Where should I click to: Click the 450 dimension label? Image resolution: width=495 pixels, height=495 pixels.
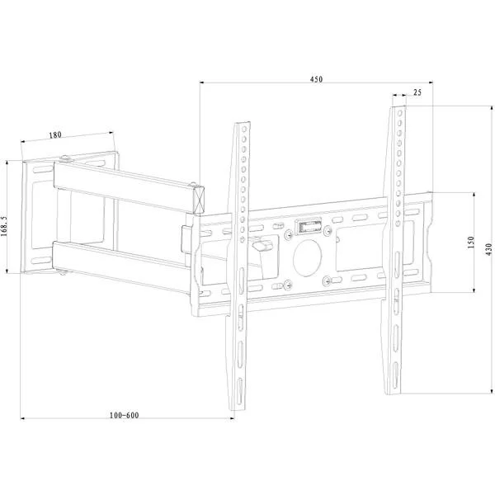click(x=316, y=79)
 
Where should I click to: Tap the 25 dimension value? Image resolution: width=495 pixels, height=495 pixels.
click(x=417, y=92)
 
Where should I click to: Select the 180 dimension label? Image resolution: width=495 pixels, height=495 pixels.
click(x=55, y=135)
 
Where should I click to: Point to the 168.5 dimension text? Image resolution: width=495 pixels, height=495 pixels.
click(x=4, y=226)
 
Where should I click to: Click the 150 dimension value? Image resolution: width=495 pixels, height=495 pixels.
click(x=471, y=243)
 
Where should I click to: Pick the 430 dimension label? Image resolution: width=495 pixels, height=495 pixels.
click(x=489, y=249)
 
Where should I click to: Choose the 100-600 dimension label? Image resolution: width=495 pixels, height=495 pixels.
click(x=124, y=415)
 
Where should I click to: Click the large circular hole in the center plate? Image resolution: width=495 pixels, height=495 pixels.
click(x=307, y=258)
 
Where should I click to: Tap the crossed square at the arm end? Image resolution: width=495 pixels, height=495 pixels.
click(x=200, y=200)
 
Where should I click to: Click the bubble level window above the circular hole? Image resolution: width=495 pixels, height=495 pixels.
click(x=308, y=226)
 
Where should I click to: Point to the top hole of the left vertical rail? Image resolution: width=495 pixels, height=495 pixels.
click(x=244, y=129)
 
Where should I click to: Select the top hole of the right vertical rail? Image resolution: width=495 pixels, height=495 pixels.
click(x=400, y=113)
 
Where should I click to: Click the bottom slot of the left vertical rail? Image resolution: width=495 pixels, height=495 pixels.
click(x=239, y=391)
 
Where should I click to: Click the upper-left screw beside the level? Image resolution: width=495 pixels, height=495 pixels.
click(x=288, y=235)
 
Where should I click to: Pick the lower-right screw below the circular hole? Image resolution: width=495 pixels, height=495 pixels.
click(x=327, y=280)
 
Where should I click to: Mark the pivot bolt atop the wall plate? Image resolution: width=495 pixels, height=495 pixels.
click(x=65, y=158)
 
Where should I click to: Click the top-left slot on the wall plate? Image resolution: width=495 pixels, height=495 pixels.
click(x=43, y=170)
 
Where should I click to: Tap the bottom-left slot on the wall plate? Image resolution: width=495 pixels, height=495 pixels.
click(x=41, y=261)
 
